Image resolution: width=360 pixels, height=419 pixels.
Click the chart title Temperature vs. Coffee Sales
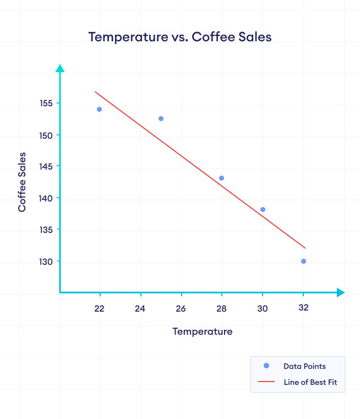[x=180, y=37]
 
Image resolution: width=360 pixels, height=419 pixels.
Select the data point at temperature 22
[x=99, y=109]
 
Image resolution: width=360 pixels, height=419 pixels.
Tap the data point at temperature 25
[x=161, y=118]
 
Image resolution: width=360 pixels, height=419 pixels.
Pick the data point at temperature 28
[x=221, y=178]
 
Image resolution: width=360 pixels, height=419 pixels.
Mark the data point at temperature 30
[x=263, y=209]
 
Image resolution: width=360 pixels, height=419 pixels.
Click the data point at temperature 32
[x=303, y=261]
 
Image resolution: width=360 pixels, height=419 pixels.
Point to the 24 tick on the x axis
[x=140, y=308]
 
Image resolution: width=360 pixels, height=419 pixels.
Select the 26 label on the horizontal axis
[x=181, y=308]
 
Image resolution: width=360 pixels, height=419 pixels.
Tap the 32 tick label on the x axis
[x=303, y=308]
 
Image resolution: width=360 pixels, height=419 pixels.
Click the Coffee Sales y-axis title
[x=22, y=182]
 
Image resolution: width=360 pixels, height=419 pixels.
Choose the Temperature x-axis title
[x=202, y=331]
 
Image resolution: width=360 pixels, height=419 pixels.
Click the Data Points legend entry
[x=304, y=366]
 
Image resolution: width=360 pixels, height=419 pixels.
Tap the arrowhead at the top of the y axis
[x=60, y=68]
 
